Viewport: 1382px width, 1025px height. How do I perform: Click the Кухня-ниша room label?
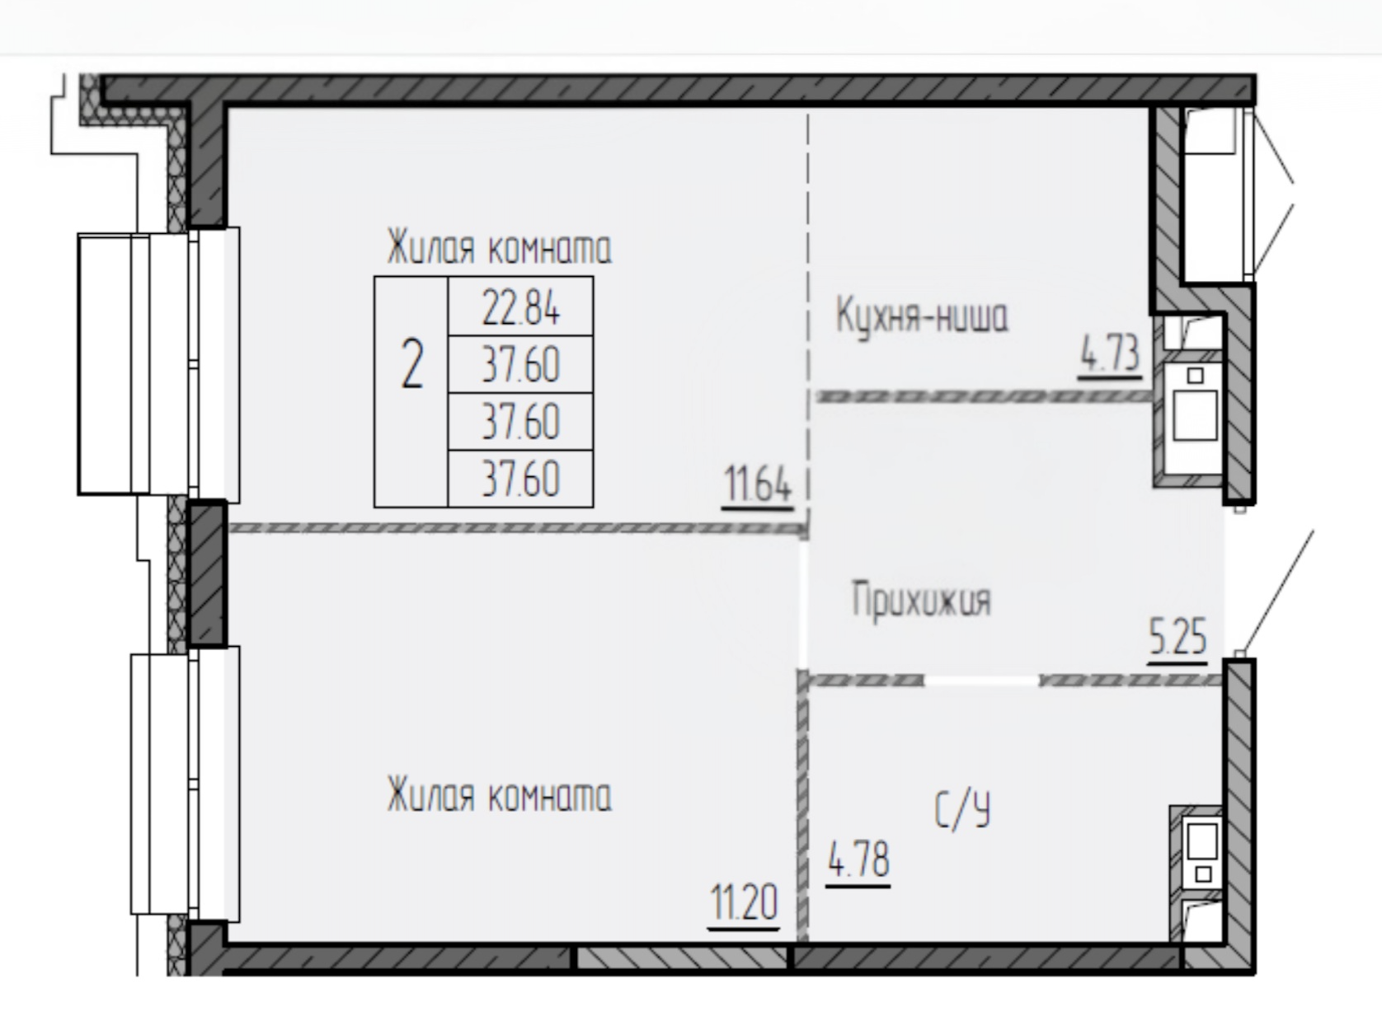click(922, 316)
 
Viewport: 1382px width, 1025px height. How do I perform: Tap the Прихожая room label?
click(921, 601)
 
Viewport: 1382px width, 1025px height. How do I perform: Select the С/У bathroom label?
click(962, 810)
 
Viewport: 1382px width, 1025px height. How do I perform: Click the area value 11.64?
click(758, 485)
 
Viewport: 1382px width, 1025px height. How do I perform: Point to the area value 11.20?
click(744, 904)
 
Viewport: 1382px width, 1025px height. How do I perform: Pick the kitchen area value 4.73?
click(1110, 353)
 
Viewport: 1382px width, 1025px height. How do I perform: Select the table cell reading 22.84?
click(520, 307)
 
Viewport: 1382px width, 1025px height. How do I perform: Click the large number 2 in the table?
click(411, 363)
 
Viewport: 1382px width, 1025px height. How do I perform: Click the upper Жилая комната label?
click(499, 247)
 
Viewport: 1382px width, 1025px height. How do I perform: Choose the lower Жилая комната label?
click(499, 794)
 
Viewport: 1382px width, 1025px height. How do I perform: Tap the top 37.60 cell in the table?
click(520, 364)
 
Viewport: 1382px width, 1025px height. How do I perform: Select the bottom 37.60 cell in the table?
click(520, 478)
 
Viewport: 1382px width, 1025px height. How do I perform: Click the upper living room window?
click(159, 364)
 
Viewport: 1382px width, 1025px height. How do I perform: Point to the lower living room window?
click(185, 784)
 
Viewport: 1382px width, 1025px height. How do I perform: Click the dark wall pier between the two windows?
click(208, 573)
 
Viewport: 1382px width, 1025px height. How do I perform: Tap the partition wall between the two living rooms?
click(517, 529)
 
